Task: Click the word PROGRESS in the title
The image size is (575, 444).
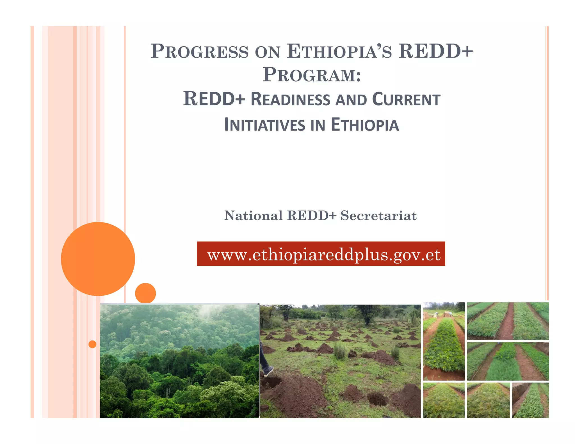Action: tap(199, 51)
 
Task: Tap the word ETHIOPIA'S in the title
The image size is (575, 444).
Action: tap(339, 51)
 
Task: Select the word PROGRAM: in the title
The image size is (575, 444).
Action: tap(312, 75)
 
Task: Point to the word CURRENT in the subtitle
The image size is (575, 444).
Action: tap(406, 100)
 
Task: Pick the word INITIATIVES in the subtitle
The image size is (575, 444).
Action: tap(264, 125)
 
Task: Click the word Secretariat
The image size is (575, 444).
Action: tap(378, 216)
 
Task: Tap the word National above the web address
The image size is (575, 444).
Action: tap(253, 216)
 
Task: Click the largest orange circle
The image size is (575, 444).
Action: tap(98, 259)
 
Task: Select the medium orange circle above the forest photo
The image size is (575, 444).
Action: tap(145, 293)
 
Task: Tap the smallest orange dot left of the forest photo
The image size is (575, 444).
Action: tap(92, 344)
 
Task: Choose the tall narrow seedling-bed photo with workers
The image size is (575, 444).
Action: tap(444, 341)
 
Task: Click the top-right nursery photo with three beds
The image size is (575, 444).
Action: tap(508, 321)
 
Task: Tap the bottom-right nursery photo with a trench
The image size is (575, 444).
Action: tap(530, 400)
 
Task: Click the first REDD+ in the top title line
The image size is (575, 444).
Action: tap(436, 51)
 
